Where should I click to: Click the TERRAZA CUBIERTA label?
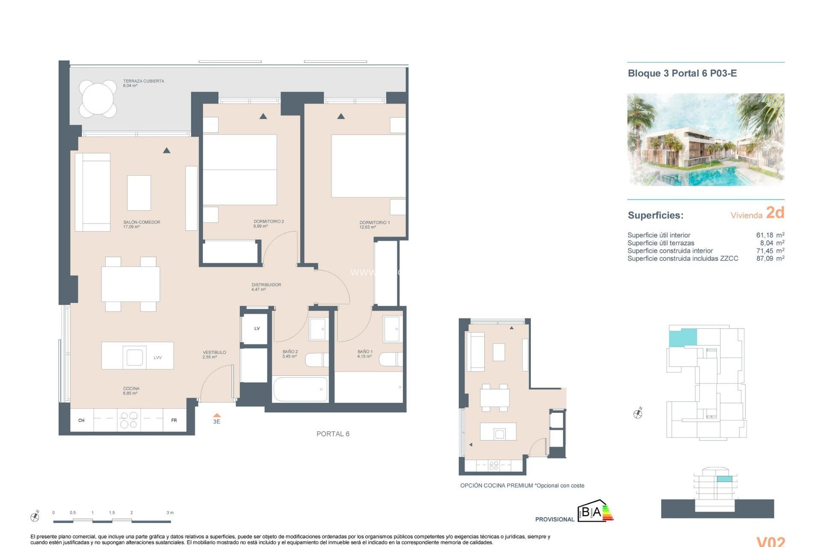coord(143,81)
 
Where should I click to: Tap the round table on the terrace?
coord(98,99)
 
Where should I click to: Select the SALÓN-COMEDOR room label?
coord(141,222)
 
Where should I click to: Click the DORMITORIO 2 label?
coord(268,221)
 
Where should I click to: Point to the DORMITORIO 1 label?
coord(374,223)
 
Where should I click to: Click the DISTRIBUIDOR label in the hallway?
coord(266,285)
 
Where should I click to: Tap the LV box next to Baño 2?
coord(257,329)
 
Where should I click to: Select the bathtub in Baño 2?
coord(300,389)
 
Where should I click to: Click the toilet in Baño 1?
coord(390,359)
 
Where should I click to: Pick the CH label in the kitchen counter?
coord(81,421)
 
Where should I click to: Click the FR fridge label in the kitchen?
coord(174,421)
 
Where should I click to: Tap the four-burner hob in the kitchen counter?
coord(129,420)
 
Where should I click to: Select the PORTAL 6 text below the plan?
coord(333,434)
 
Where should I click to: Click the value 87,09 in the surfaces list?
coord(764,259)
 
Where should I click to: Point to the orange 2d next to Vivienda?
coord(775,213)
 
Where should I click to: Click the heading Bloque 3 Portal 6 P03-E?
coord(682,74)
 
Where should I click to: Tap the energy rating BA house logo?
coord(595,512)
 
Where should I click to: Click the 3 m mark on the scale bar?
coord(170,513)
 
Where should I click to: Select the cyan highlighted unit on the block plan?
coord(682,337)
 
